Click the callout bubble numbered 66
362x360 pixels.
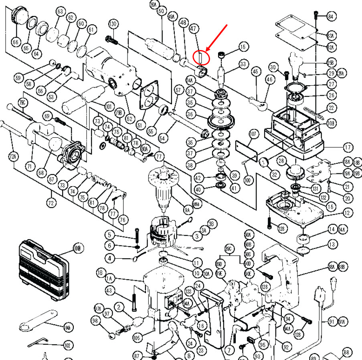16,42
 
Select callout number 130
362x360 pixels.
113,24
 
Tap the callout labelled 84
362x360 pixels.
331,16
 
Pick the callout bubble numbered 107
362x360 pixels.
253,134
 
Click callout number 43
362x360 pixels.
109,290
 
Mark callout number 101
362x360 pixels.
109,107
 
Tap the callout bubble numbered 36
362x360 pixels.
190,115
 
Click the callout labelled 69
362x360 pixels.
48,117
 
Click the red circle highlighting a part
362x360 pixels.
202,57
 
